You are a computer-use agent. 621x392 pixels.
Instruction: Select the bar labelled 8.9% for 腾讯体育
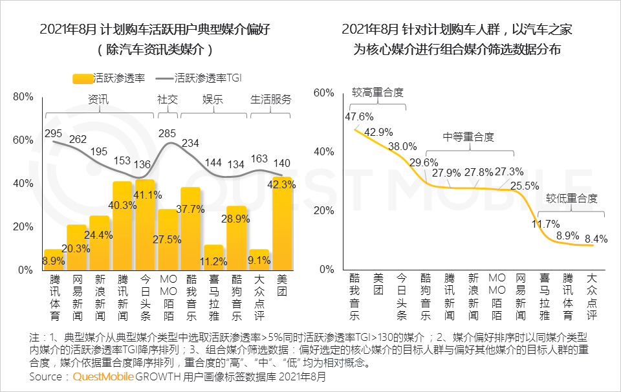click(x=54, y=259)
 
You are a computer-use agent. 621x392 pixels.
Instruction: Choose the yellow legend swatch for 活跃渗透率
click(x=82, y=78)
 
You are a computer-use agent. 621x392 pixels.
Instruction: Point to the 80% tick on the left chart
click(x=23, y=97)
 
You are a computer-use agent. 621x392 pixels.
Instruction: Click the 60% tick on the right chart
click(x=323, y=93)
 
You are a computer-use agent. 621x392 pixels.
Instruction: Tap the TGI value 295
click(x=53, y=133)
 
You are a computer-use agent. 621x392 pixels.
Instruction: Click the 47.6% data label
click(x=359, y=117)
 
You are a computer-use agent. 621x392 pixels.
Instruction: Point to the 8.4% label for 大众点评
click(x=596, y=239)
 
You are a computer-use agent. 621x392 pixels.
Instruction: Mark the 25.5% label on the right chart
click(x=525, y=186)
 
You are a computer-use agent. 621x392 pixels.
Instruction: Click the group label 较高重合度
click(x=378, y=93)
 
